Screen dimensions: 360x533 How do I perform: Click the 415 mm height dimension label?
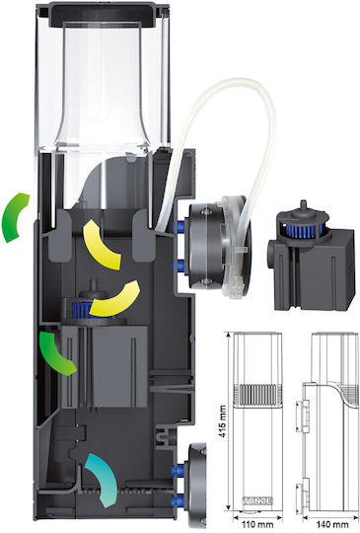[223, 421]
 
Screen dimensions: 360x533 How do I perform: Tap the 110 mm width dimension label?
[257, 524]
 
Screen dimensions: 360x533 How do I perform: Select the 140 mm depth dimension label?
[331, 524]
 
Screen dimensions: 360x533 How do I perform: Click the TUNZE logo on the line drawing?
[257, 500]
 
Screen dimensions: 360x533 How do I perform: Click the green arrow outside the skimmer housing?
[14, 217]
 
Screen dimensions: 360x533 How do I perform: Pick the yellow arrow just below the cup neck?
[101, 244]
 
